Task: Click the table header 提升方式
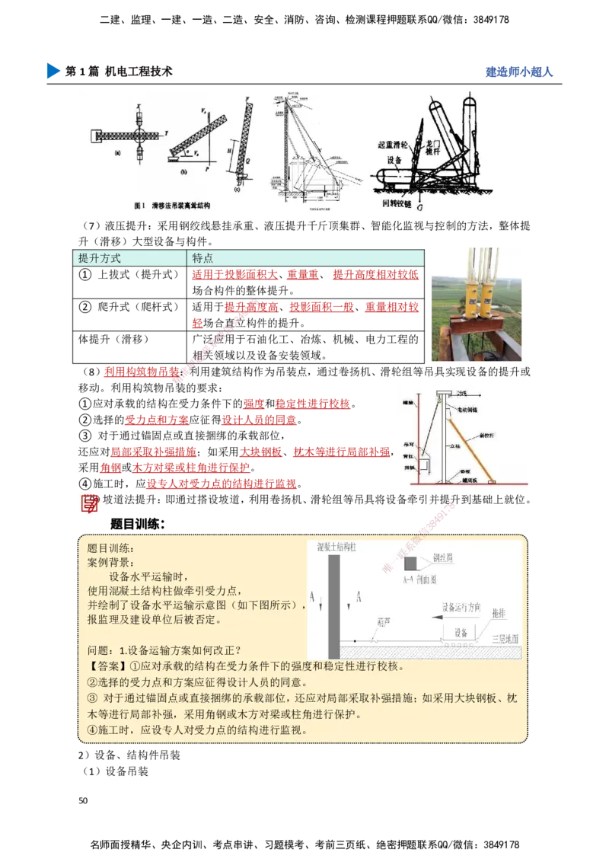pos(100,258)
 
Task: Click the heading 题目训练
pos(110,548)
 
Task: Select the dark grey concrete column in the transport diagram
pos(333,606)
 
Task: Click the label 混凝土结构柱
pos(342,547)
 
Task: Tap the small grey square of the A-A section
pos(411,564)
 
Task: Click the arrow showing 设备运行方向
pos(457,619)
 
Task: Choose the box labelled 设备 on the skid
pos(460,633)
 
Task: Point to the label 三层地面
pos(505,638)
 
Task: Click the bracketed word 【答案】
pos(106,666)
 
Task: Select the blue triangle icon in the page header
pos(53,71)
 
